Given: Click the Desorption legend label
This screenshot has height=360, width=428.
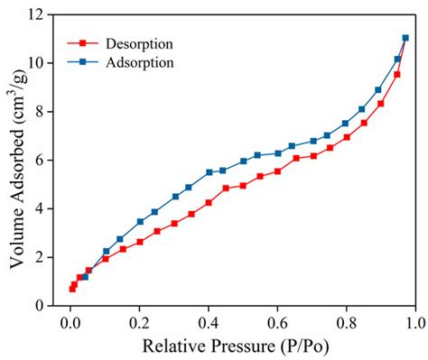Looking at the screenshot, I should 139,43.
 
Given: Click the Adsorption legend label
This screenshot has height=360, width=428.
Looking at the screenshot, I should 138,62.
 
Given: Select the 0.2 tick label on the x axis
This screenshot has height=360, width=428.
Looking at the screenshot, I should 139,321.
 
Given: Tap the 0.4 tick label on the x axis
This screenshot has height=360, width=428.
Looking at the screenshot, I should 209,321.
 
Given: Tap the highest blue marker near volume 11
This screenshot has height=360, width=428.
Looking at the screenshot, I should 405,38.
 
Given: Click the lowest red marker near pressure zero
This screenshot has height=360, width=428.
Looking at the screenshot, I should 72,289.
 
